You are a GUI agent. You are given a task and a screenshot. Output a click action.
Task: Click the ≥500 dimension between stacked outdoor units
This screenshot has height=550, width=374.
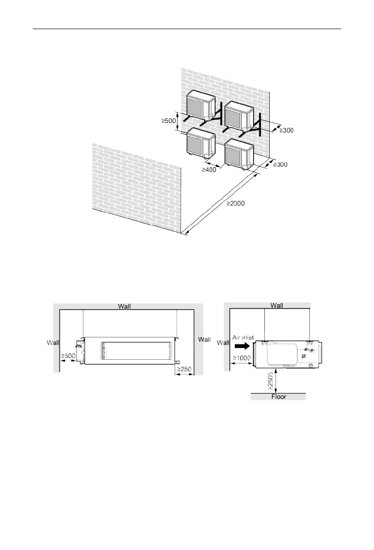coord(169,121)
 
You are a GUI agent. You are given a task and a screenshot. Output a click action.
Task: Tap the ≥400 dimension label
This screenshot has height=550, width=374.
coord(209,170)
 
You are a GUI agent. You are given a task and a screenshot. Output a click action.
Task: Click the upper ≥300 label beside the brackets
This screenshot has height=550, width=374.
coord(286,131)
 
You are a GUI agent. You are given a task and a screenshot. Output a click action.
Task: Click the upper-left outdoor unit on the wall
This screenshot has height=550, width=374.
coord(201,105)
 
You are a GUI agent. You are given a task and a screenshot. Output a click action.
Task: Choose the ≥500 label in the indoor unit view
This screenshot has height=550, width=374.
coord(68,356)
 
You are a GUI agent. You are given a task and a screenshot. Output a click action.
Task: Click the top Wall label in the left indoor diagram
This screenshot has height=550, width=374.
coord(127,305)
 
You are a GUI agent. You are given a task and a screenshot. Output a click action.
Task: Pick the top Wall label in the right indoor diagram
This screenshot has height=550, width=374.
coord(277,305)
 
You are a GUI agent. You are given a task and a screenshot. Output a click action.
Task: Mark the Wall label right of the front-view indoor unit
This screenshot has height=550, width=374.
coord(204,339)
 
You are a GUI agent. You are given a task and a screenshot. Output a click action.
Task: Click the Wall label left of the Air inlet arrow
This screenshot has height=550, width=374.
coord(223,342)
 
